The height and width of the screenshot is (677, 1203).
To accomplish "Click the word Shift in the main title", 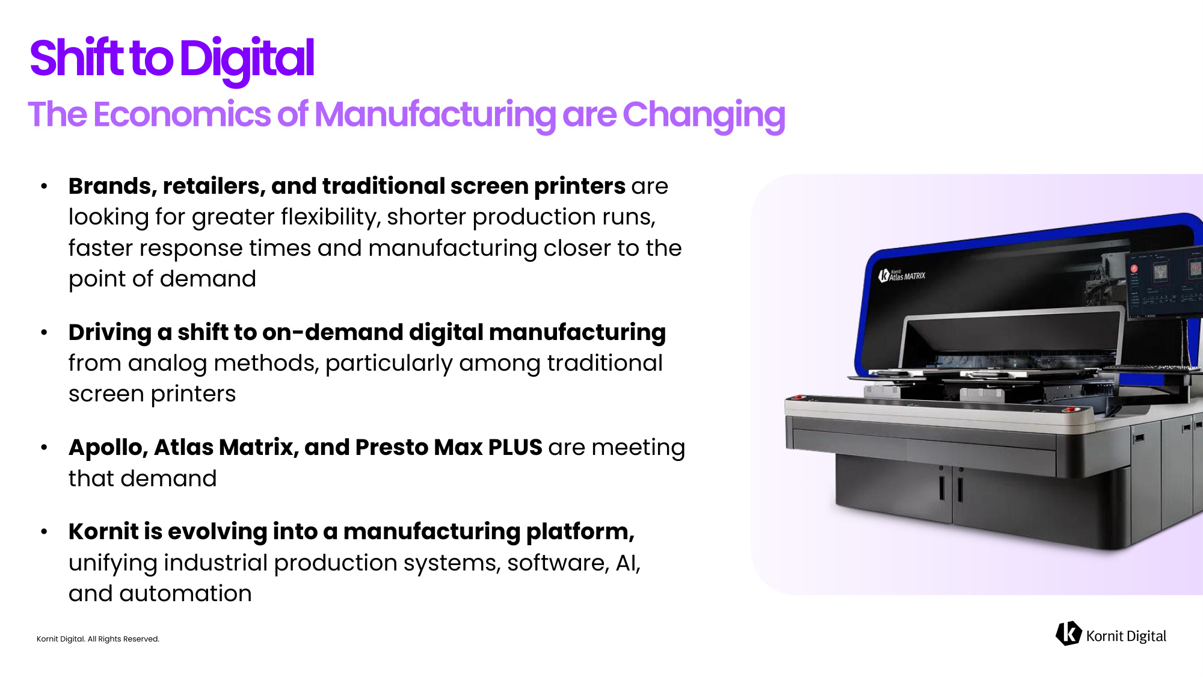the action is point(77,58).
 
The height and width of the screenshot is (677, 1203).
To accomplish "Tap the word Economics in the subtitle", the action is point(182,114).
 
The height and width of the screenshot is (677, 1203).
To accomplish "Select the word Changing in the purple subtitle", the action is point(704,116).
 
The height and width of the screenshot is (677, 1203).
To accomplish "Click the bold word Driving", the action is point(110,333).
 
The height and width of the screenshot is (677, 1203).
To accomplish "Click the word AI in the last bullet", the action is point(628,563).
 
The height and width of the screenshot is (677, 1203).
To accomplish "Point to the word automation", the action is point(185,594).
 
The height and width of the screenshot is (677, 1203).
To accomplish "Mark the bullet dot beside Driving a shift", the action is point(44,332).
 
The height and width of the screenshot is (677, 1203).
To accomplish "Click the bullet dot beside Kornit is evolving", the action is point(44,532).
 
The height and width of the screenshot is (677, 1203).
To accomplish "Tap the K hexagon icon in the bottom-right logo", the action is point(1068,634).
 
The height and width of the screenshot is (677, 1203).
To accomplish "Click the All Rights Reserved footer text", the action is point(123,639).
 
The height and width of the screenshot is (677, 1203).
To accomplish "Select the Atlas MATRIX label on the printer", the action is point(902,276).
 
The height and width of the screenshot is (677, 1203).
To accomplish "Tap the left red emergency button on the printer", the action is point(798,397).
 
